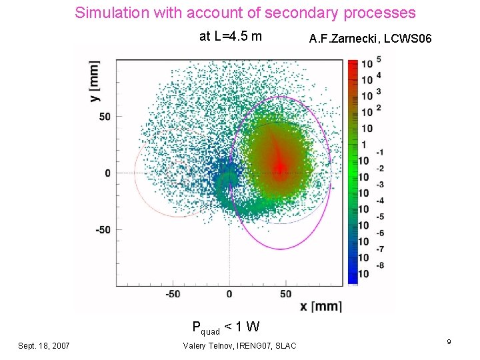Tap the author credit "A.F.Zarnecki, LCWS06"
point(370,40)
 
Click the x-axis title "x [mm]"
point(321,306)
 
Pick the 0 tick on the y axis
point(107,173)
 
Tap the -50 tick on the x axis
point(172,294)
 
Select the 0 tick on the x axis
point(229,294)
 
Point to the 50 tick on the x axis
point(285,294)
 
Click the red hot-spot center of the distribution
point(281,166)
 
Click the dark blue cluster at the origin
point(229,177)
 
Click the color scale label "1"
point(364,145)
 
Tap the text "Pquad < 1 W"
point(225,327)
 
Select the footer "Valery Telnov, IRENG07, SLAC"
point(239,345)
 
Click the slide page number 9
point(449,342)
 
